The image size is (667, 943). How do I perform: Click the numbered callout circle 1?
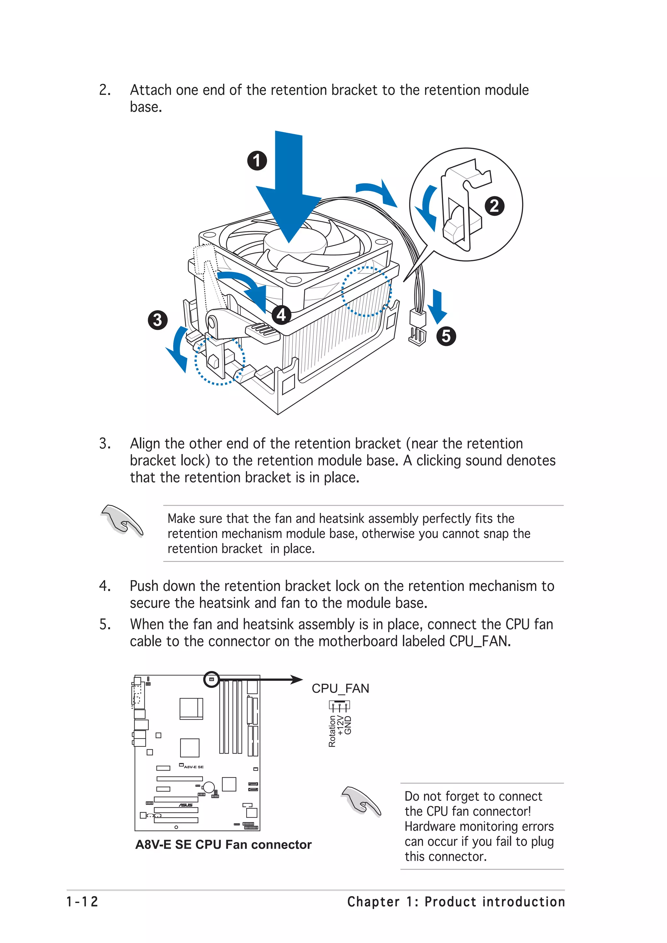257,161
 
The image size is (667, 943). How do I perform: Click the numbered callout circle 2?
494,205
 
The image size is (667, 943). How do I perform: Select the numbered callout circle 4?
281,315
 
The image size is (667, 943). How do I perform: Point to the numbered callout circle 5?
446,336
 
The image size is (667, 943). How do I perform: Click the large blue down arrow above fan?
289,189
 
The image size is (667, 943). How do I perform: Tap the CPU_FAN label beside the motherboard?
340,688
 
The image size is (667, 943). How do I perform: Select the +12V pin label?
340,725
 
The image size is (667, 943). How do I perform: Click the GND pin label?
348,725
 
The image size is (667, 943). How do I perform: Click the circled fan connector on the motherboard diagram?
212,680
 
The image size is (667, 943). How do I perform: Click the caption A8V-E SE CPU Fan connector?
223,844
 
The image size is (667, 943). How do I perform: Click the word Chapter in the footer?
373,902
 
